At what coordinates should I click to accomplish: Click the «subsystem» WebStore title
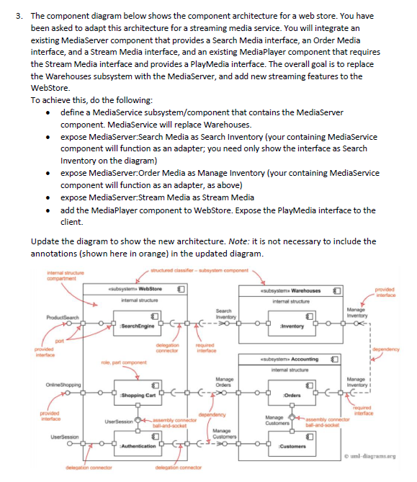(140, 290)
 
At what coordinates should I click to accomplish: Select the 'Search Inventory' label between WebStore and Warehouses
(223, 313)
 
